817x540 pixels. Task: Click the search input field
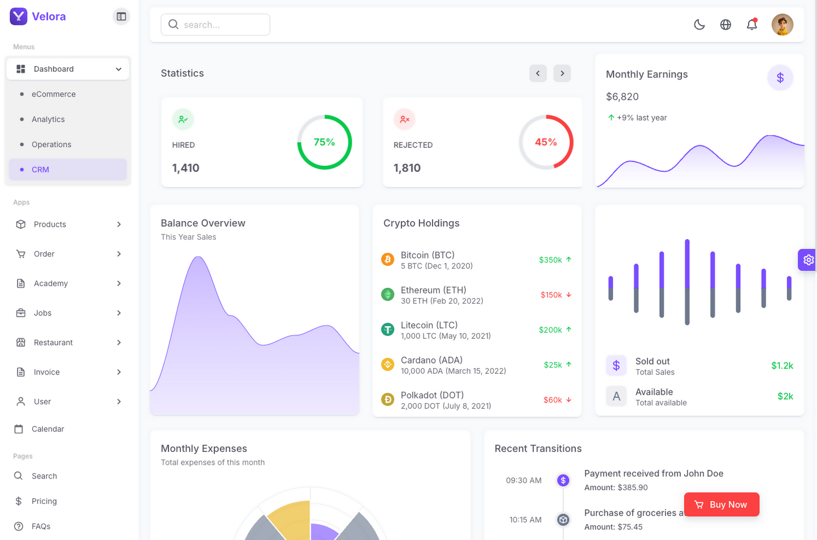pos(215,25)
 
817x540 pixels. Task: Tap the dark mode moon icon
pos(699,25)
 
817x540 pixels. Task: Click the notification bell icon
pos(752,25)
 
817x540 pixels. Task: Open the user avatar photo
pos(783,25)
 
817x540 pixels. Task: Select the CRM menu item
pos(41,170)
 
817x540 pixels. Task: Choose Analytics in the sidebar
pos(48,119)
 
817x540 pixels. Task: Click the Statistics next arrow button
pos(562,74)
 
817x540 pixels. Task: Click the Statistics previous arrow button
pos(538,74)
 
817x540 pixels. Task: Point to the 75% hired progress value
pos(325,142)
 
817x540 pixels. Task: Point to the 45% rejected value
pos(546,142)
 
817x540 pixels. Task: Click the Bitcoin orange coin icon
pos(387,260)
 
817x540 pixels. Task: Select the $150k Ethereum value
pos(551,295)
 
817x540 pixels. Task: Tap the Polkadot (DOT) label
pos(432,395)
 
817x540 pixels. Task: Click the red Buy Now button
pos(721,504)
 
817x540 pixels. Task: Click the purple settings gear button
pos(809,260)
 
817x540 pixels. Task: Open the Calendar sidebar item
pos(48,429)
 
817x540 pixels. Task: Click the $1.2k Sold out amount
pos(782,366)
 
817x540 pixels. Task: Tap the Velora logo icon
pos(19,16)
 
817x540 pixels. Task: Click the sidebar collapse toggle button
pos(121,16)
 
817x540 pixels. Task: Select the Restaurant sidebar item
pos(53,343)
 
